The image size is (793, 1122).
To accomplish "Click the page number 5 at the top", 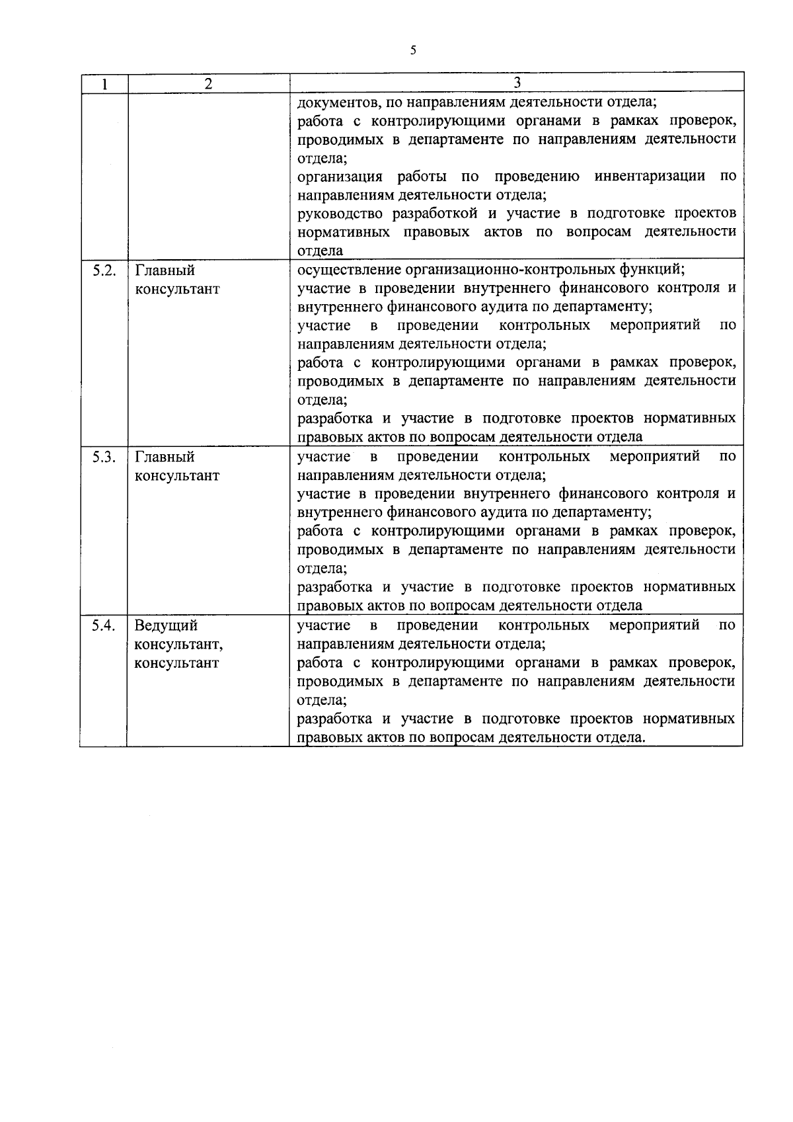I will click(x=413, y=50).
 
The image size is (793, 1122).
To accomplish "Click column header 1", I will click(x=104, y=84).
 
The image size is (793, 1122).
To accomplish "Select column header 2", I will click(x=208, y=84).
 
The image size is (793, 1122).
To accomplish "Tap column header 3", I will click(x=517, y=83).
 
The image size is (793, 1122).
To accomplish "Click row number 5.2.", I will click(x=104, y=270).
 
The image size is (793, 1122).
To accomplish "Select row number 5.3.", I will click(x=104, y=457).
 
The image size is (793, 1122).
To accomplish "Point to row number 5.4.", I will click(x=104, y=625).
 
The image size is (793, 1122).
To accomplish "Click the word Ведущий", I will click(x=166, y=626).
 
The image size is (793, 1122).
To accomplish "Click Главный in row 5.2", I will click(x=165, y=271).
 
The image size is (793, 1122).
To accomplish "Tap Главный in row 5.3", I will click(x=165, y=458).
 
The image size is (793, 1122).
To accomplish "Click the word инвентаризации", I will click(x=649, y=177).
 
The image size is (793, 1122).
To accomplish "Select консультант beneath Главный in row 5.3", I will click(x=176, y=476).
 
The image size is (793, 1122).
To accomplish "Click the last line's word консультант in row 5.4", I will click(x=176, y=663).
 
